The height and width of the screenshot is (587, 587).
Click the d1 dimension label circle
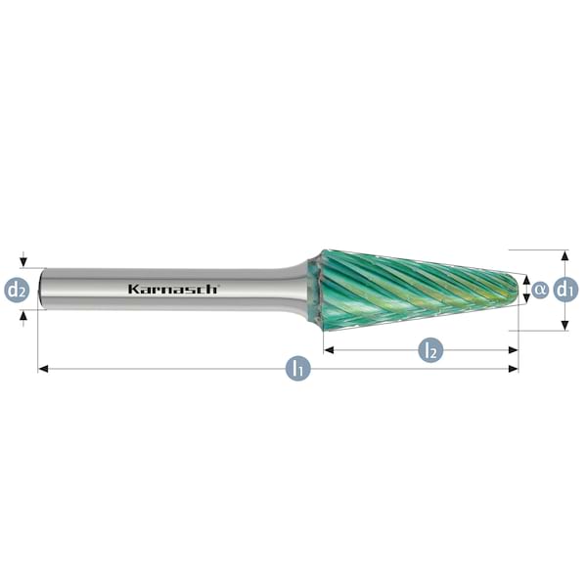tap(565, 290)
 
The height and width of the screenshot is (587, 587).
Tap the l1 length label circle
tap(296, 369)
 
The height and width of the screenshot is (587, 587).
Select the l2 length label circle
tap(429, 348)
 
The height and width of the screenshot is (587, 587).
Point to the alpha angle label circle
tap(540, 290)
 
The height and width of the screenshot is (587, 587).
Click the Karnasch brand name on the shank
tap(173, 289)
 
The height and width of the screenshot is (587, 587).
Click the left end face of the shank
tap(40, 290)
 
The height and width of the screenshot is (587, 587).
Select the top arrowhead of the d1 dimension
tap(565, 255)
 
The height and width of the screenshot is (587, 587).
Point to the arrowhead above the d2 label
tap(23, 262)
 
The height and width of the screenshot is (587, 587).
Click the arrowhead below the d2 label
tap(23, 316)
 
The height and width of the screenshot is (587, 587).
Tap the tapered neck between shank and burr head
tap(296, 289)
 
